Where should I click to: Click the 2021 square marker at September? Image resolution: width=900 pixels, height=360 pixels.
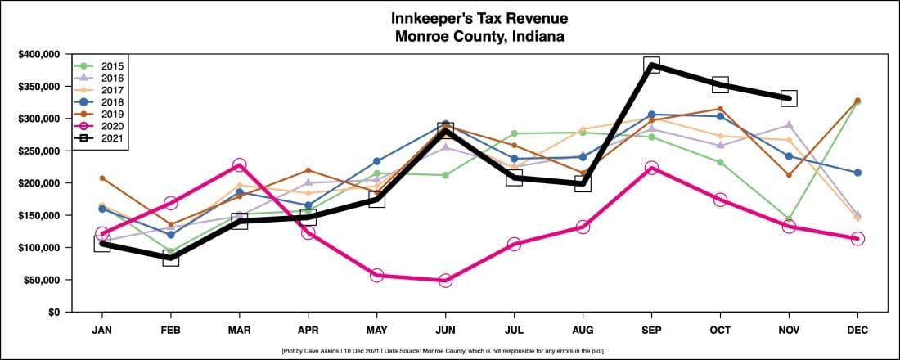651,65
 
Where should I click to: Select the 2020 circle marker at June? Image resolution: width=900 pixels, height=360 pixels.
445,281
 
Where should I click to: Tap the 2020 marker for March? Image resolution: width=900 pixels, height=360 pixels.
239,165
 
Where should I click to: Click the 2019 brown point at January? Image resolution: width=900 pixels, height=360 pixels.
101,178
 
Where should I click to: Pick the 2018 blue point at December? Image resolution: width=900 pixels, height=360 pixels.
857,173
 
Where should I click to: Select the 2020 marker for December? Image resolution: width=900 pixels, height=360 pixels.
857,238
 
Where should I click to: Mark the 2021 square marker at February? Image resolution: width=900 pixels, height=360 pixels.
170,259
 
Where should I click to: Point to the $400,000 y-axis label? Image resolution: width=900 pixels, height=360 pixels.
38,54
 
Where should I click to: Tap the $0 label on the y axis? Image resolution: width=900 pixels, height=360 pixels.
53,313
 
